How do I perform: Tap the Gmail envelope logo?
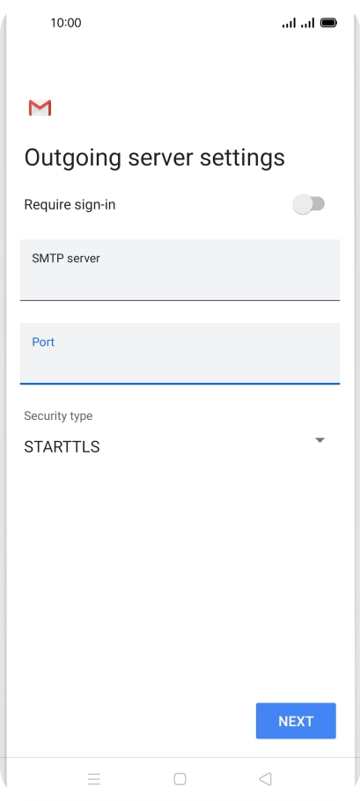point(40,107)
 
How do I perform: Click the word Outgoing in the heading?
point(73,158)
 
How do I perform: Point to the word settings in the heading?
point(242,158)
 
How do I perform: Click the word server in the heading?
point(161,158)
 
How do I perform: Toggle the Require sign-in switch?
point(309,204)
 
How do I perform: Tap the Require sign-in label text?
point(70,205)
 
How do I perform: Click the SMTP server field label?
point(66,259)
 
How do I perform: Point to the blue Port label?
point(43,342)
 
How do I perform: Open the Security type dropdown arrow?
point(320,440)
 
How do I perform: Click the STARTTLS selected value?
point(62,447)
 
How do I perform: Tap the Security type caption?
point(58,415)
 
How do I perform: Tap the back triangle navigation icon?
point(265,778)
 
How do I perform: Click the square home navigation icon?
point(180,778)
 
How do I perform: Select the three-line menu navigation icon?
point(94,778)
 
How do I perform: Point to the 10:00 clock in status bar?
point(66,23)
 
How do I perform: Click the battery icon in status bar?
point(328,23)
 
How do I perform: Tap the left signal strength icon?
point(289,24)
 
